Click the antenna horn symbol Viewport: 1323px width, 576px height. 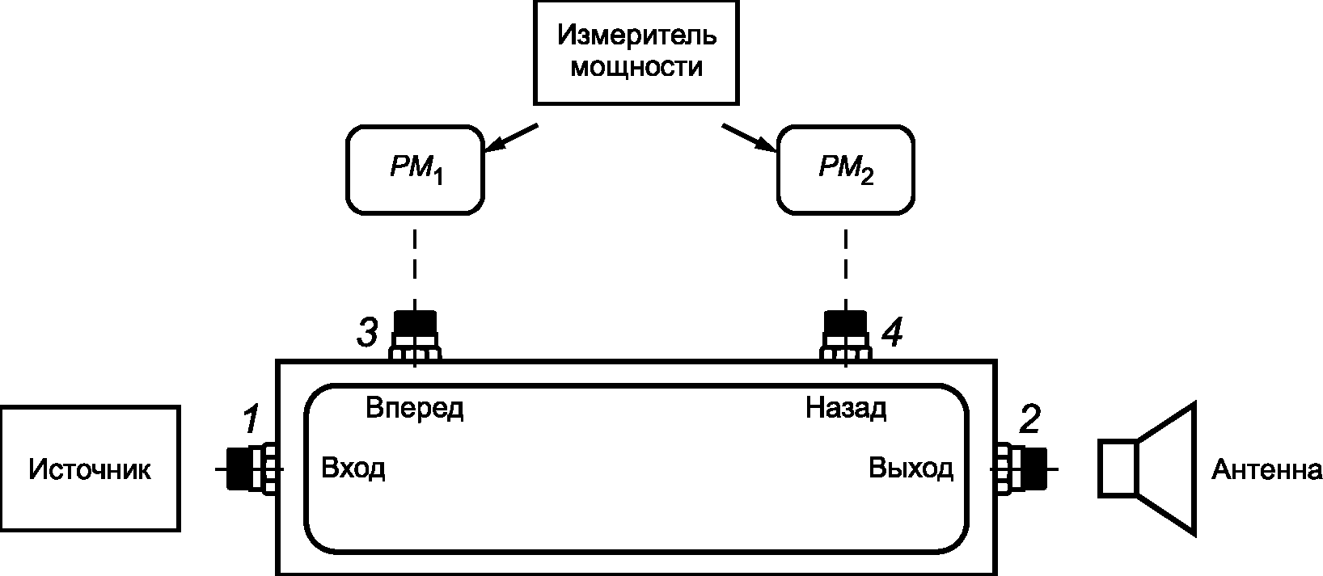click(x=1147, y=469)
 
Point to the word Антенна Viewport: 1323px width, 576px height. click(x=1266, y=470)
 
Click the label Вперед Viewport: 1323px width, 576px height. click(x=415, y=409)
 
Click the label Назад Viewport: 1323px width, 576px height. click(x=846, y=409)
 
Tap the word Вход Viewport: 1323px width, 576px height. click(x=353, y=469)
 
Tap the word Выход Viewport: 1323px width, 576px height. click(x=911, y=469)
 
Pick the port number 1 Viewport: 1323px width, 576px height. click(x=251, y=419)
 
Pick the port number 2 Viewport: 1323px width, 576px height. click(x=1029, y=419)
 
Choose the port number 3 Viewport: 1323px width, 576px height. click(x=367, y=332)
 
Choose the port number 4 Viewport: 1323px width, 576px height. click(x=892, y=332)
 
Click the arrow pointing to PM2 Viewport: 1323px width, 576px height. click(x=749, y=137)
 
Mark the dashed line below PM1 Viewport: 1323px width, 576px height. click(x=415, y=269)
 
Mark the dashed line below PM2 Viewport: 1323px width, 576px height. click(x=846, y=269)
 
